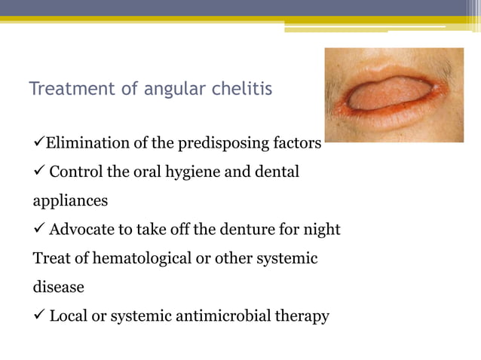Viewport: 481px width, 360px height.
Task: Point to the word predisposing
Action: (x=223, y=144)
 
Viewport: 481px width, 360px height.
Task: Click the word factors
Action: (x=299, y=143)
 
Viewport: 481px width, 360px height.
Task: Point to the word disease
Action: (x=58, y=287)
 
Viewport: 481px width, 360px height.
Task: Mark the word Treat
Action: (x=50, y=258)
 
